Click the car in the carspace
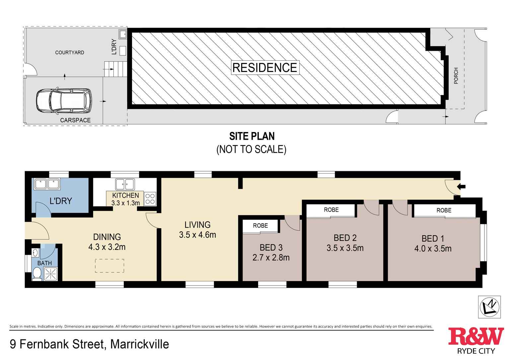pyautogui.click(x=64, y=101)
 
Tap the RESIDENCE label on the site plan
pyautogui.click(x=265, y=67)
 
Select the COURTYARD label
pyautogui.click(x=70, y=52)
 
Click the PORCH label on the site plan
pyautogui.click(x=456, y=76)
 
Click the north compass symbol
pyautogui.click(x=489, y=307)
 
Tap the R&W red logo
pyautogui.click(x=475, y=336)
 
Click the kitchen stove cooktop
pyautogui.click(x=150, y=199)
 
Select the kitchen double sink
pyautogui.click(x=125, y=184)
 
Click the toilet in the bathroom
pyautogui.click(x=36, y=273)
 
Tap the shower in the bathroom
pyautogui.click(x=50, y=274)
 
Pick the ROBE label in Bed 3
pyautogui.click(x=260, y=226)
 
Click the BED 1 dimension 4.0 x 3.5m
pyautogui.click(x=433, y=249)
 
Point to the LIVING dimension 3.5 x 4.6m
pyautogui.click(x=197, y=235)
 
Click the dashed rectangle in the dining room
pyautogui.click(x=109, y=266)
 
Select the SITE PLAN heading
pyautogui.click(x=252, y=136)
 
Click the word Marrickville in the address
pyautogui.click(x=139, y=344)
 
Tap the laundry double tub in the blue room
pyautogui.click(x=47, y=184)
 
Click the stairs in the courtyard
pyautogui.click(x=115, y=69)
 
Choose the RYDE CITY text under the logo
pyautogui.click(x=476, y=351)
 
